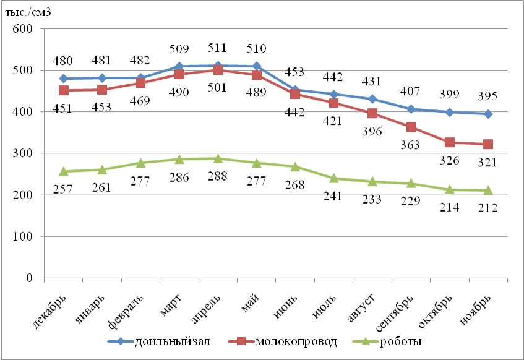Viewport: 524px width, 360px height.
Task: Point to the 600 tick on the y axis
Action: [24, 28]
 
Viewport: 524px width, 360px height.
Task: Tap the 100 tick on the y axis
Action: [24, 236]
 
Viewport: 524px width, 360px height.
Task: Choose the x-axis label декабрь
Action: [49, 309]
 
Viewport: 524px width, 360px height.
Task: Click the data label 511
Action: [217, 48]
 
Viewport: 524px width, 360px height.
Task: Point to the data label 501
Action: [217, 87]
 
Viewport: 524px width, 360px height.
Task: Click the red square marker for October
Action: [450, 142]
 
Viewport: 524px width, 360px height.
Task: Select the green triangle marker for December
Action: [64, 171]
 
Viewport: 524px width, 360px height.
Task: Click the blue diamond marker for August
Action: [372, 99]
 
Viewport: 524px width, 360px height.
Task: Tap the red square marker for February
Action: [141, 83]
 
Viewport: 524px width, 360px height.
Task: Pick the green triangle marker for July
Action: [334, 178]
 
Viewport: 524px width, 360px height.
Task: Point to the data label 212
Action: [487, 208]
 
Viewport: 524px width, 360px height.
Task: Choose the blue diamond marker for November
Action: [488, 114]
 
